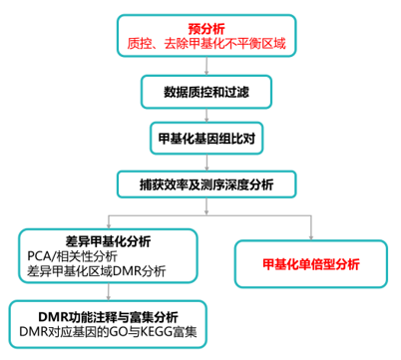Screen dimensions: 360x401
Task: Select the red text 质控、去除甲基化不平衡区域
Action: (x=206, y=45)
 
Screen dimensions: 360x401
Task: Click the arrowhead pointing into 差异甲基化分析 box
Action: (x=107, y=224)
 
